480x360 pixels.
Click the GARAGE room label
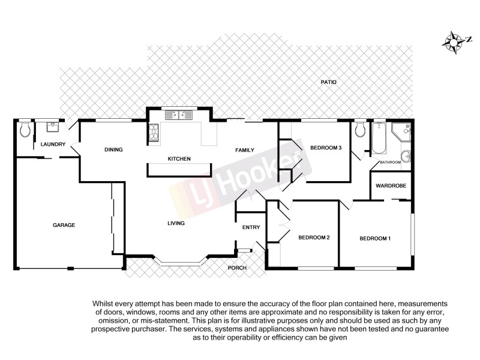tap(64, 225)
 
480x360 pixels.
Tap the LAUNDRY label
tap(53, 145)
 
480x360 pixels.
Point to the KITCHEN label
tap(179, 159)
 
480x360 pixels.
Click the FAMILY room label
tap(245, 150)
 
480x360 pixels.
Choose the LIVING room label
tap(176, 223)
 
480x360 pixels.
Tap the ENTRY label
tap(251, 227)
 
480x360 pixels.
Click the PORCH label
tap(238, 268)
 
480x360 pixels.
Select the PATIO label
tap(328, 82)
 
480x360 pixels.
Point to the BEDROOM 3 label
tap(325, 148)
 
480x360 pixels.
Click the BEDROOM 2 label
tap(314, 238)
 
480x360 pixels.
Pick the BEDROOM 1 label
tap(375, 239)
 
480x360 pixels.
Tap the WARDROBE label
tap(391, 186)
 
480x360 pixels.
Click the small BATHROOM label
tap(390, 163)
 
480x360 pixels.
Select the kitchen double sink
tap(178, 113)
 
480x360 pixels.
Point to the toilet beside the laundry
tap(25, 130)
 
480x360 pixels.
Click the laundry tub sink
tap(52, 127)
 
